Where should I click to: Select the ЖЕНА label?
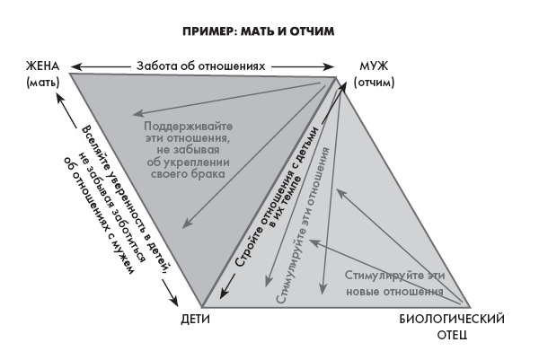tap(43, 66)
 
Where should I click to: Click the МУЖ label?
tap(372, 66)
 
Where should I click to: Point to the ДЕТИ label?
tap(199, 320)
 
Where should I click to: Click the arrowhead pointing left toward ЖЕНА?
tap(75, 66)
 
